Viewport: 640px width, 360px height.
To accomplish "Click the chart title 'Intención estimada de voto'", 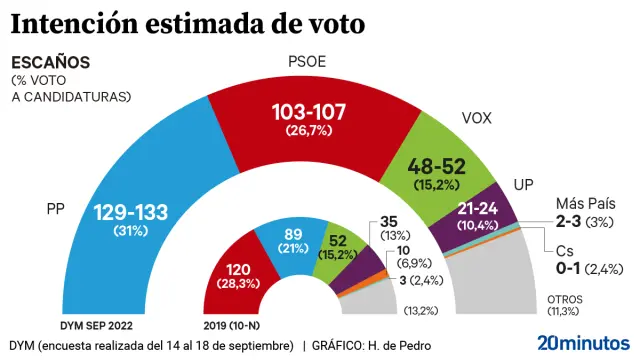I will pyautogui.click(x=187, y=21).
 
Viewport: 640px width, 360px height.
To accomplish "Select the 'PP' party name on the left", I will pyautogui.click(x=57, y=210).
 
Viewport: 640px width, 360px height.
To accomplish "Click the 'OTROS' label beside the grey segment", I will pyautogui.click(x=566, y=299).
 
